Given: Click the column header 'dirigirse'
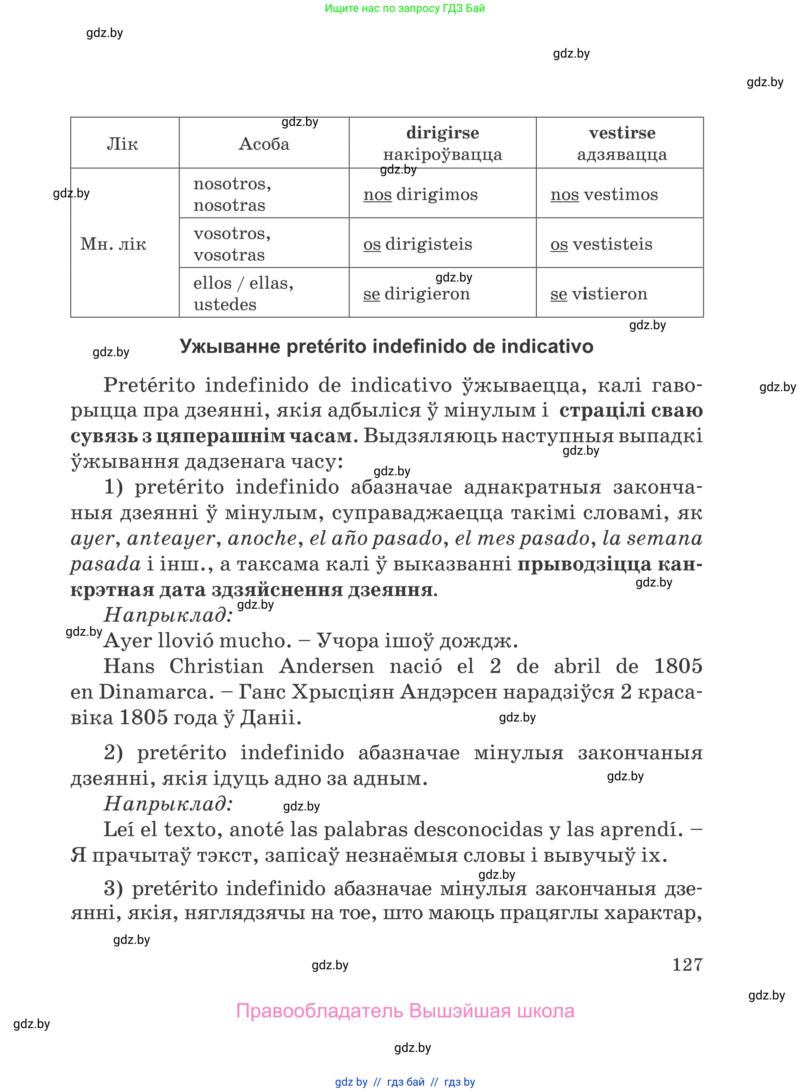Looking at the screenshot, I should (442, 133).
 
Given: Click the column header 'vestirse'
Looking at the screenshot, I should (622, 133).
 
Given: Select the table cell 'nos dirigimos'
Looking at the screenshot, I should (420, 195).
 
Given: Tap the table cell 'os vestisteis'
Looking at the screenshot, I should (601, 244).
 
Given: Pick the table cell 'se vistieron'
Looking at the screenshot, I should (599, 293).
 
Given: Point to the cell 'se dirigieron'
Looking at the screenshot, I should (416, 293).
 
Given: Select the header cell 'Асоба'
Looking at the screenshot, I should (264, 144).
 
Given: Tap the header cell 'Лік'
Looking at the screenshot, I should (122, 144).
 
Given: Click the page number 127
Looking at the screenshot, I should (687, 965).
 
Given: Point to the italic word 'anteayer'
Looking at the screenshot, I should (171, 538).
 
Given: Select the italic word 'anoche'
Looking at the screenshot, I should (262, 538).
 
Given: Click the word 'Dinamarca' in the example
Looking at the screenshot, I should (156, 692).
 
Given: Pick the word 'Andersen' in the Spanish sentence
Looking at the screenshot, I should (326, 666).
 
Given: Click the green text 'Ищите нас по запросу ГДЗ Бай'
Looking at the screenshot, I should (405, 8).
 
